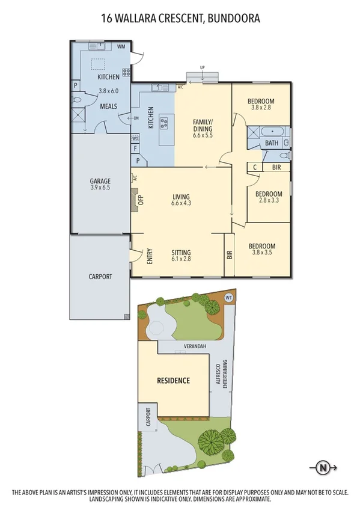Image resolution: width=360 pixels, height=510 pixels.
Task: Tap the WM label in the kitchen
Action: click(x=121, y=46)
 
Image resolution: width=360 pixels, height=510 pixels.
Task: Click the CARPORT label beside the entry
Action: click(x=100, y=277)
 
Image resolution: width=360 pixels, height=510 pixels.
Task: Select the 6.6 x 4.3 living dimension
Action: click(x=181, y=204)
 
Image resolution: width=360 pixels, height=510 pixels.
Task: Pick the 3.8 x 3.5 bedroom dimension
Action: click(x=263, y=254)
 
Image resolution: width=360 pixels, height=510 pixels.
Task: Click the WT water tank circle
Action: click(x=228, y=296)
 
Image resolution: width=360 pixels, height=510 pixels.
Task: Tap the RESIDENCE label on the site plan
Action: click(x=174, y=380)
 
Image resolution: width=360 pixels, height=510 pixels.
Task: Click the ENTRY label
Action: click(x=150, y=256)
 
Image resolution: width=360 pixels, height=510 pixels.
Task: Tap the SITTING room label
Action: click(x=181, y=253)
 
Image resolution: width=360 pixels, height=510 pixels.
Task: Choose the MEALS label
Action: click(x=108, y=106)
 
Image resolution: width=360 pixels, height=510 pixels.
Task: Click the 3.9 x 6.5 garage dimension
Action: click(x=100, y=188)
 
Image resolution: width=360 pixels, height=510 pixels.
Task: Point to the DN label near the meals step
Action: click(x=136, y=118)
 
